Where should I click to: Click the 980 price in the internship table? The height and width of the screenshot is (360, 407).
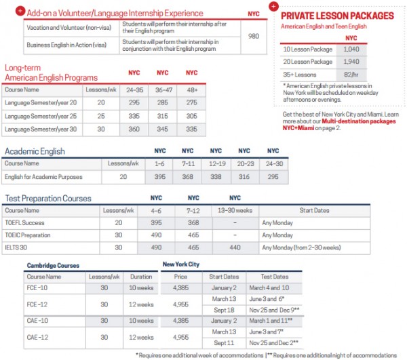[x=253, y=35]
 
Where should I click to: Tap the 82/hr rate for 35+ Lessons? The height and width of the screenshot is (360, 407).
[x=351, y=74]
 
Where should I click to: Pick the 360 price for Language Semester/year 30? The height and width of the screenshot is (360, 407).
[x=134, y=129]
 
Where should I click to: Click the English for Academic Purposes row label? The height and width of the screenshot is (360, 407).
[x=44, y=176]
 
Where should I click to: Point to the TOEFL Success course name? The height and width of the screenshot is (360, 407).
[x=24, y=222]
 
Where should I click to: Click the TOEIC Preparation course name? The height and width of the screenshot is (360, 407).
[x=29, y=235]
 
